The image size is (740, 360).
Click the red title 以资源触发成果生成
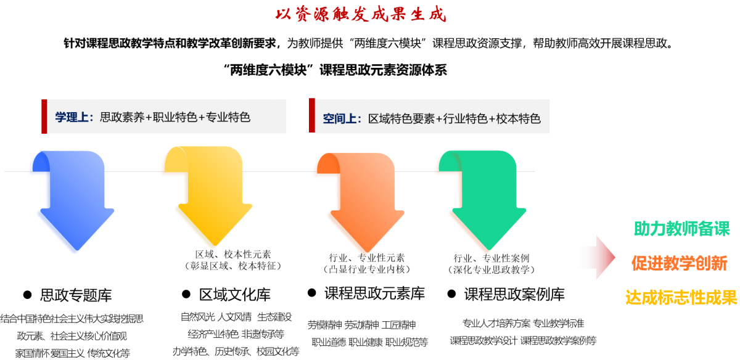(x=360, y=14)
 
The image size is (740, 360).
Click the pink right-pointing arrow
(x=597, y=257)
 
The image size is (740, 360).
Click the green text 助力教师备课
(x=681, y=229)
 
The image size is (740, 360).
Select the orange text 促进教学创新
(x=679, y=263)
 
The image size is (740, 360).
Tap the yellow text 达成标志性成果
(x=681, y=298)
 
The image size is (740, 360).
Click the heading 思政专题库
(x=76, y=295)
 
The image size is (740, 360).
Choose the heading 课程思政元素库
(x=374, y=293)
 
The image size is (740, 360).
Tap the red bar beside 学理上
(x=44, y=116)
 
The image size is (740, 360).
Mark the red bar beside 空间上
(x=311, y=115)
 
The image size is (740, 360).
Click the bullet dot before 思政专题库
(x=27, y=294)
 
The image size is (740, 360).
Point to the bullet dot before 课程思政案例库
(x=451, y=294)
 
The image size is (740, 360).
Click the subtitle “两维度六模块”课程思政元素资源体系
(x=338, y=70)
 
